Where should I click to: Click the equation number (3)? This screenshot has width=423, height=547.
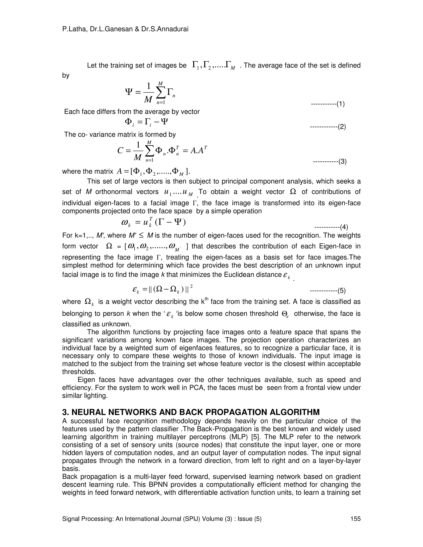coord(342,162)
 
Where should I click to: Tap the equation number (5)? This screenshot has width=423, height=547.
coord(342,291)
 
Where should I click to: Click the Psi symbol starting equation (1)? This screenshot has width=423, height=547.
coord(128,92)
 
